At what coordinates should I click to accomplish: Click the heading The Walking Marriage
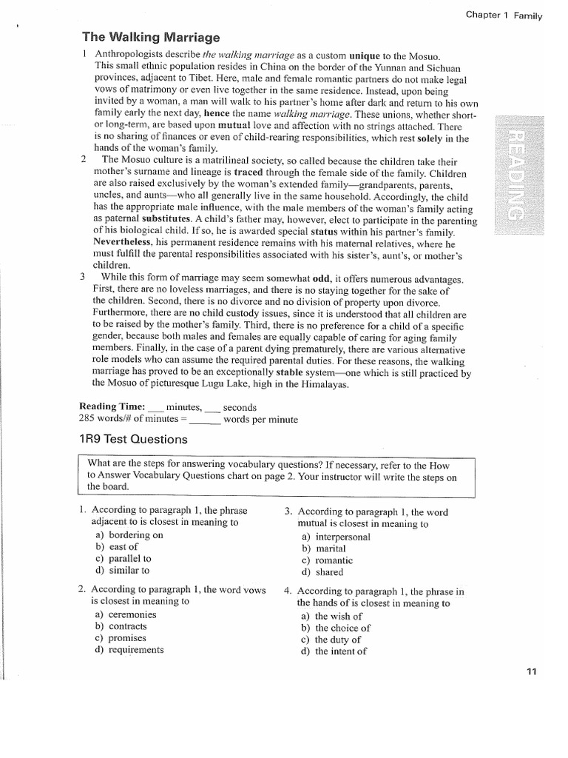151,37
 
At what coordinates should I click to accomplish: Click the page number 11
531,672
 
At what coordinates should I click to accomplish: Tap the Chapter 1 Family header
504,15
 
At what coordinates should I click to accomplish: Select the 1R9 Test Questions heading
132,439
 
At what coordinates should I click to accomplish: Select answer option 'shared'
329,572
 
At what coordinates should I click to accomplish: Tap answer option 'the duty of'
338,640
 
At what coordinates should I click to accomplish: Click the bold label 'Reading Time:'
112,407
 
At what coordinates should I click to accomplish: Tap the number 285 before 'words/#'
88,419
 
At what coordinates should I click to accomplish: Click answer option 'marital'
331,549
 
